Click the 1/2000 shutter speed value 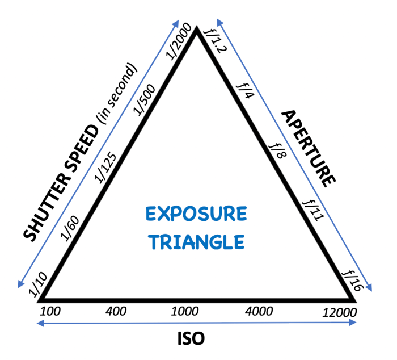(179, 41)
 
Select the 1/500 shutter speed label (144, 99)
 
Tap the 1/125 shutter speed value (105, 168)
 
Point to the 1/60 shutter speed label (70, 228)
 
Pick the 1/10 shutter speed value (38, 284)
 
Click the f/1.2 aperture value (216, 41)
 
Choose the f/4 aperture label (245, 91)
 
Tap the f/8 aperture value (278, 151)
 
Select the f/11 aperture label (313, 210)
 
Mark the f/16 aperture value (353, 281)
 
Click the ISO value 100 (50, 311)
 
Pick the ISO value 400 (116, 311)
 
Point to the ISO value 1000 (185, 311)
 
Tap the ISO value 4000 (259, 311)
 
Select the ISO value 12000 (340, 313)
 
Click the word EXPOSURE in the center (196, 214)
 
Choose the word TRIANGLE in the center (196, 242)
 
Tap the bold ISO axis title (191, 338)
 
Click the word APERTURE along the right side (309, 149)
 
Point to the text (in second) (117, 93)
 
